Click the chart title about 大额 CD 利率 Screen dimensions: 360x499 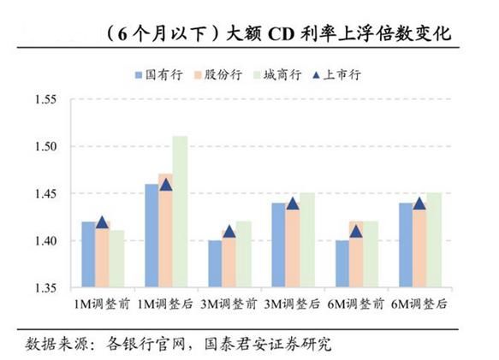(274, 33)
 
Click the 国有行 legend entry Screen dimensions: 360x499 (158, 74)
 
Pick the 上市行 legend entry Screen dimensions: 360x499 (338, 74)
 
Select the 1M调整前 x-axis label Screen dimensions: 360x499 (102, 304)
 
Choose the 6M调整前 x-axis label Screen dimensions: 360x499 (357, 304)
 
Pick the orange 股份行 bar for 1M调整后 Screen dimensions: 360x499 (165, 231)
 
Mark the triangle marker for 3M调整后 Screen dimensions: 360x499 (293, 204)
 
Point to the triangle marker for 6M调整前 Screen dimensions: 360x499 (356, 231)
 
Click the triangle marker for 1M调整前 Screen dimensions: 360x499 (102, 222)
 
